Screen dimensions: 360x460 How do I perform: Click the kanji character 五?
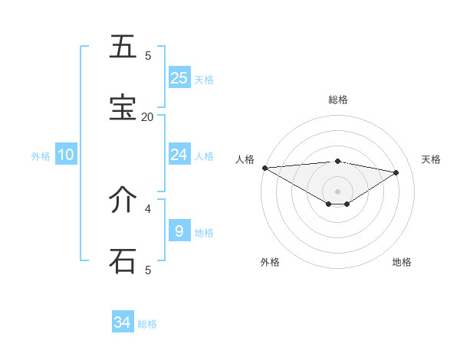pos(123,47)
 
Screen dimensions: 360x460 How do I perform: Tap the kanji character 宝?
pos(123,108)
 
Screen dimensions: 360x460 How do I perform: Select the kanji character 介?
pos(123,200)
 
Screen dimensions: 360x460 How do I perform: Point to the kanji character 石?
pos(123,260)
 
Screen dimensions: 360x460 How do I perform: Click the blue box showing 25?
pos(179,77)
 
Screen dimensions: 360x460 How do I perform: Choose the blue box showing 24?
pos(179,155)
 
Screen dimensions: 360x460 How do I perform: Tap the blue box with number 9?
pos(179,231)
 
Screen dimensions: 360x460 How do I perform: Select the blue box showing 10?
pos(65,155)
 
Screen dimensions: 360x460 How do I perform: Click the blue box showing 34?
pos(123,322)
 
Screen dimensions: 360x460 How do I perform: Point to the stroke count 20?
pos(147,116)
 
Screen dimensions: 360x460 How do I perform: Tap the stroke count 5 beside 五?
pos(148,55)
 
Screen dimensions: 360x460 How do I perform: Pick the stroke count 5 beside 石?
pos(148,270)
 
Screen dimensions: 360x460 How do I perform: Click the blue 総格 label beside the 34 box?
pos(147,324)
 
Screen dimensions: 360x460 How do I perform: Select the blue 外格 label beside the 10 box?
pos(41,156)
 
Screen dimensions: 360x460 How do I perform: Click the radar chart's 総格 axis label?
pos(338,100)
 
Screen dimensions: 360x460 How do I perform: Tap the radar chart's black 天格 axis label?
pos(431,159)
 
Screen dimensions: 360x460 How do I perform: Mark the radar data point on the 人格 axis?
pos(264,168)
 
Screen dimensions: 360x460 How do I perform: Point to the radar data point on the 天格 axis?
pos(396,172)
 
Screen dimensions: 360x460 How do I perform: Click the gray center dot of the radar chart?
pos(337,191)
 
